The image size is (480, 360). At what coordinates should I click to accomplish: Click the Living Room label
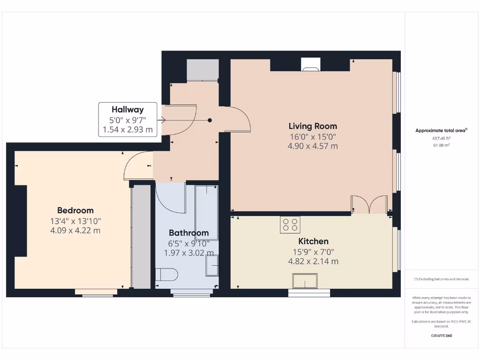tap(313, 126)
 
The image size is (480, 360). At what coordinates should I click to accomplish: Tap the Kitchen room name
tap(314, 241)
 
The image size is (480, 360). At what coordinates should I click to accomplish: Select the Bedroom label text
tap(75, 210)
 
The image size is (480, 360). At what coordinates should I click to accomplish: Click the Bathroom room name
tap(188, 233)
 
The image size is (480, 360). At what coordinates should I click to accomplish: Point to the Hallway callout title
tap(127, 109)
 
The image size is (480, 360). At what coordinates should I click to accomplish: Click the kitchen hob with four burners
tap(290, 225)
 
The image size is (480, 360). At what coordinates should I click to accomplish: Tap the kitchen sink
tap(305, 281)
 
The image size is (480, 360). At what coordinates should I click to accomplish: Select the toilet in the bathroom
tap(166, 274)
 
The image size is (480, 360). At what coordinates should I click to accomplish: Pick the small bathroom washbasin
tap(212, 269)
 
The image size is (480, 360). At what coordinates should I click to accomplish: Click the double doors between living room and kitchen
tap(369, 205)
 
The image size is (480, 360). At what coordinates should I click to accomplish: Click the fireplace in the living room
tap(311, 65)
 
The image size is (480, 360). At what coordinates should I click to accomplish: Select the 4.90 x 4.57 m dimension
tap(313, 146)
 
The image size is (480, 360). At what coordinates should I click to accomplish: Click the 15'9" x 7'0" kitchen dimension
tap(313, 252)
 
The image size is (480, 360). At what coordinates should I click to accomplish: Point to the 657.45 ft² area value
tap(441, 138)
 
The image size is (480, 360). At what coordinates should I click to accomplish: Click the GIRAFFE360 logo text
tap(441, 336)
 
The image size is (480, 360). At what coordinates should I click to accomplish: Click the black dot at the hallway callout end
tap(210, 120)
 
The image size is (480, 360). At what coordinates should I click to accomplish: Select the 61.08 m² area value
tap(441, 145)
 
